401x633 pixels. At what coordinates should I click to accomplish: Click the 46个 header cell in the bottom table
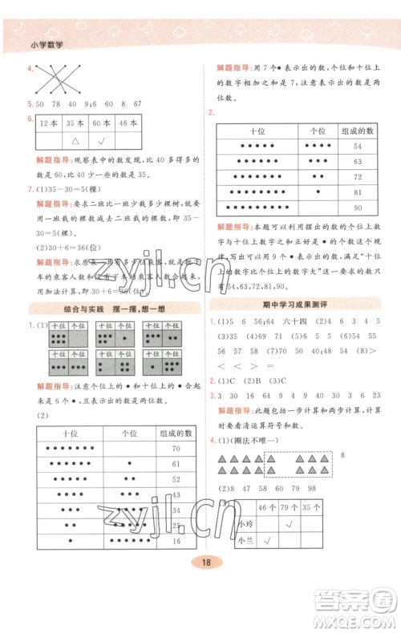(x=267, y=506)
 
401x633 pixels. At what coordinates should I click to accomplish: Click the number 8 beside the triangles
(x=343, y=455)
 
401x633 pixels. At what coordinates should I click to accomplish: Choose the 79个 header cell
(x=289, y=506)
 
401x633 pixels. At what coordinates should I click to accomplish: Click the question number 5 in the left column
(x=30, y=103)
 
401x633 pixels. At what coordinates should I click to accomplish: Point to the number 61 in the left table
(x=176, y=463)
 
